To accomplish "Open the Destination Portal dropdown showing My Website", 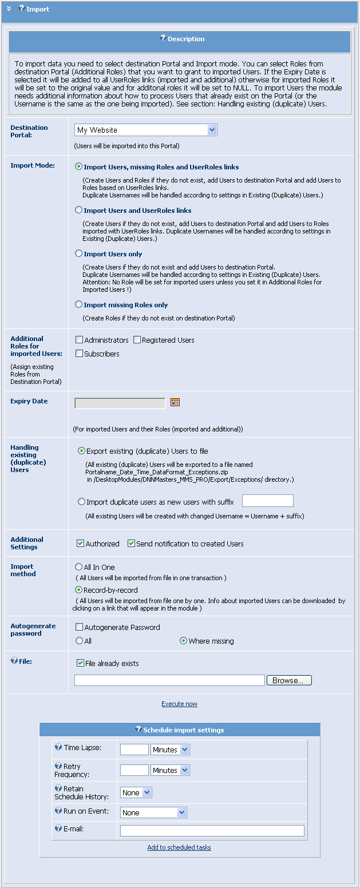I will (x=146, y=130).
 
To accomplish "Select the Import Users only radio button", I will (x=79, y=253).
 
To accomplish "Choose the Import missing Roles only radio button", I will (x=79, y=304).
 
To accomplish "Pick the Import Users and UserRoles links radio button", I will (x=79, y=210).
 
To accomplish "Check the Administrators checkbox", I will (x=80, y=340).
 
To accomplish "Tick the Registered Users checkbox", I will (x=137, y=340).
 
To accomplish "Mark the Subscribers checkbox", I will (x=80, y=354).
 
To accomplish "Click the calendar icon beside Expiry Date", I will (x=175, y=402).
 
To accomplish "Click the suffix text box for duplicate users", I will (x=267, y=501).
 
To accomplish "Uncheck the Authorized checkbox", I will (x=81, y=544).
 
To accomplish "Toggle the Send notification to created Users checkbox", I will (x=131, y=544).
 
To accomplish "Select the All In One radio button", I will (x=79, y=566).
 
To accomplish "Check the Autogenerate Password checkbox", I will (x=80, y=627).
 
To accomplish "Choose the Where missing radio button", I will (x=183, y=641).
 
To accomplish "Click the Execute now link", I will (x=179, y=704).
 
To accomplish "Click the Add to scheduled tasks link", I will (x=179, y=847).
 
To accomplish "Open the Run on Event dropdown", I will (x=153, y=812).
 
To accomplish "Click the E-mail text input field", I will (x=212, y=831).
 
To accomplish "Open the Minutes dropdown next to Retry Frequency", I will (x=170, y=770).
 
